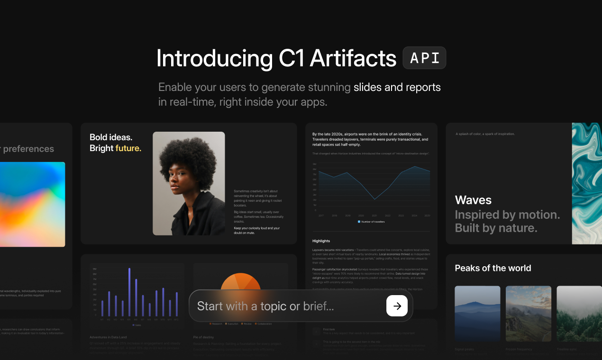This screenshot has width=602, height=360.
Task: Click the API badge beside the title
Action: [x=424, y=58]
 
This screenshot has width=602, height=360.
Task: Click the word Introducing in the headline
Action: [x=214, y=59]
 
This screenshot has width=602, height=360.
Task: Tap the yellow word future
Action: [x=128, y=148]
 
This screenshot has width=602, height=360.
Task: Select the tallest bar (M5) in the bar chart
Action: [x=129, y=292]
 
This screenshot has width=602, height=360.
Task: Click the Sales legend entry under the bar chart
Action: [x=137, y=325]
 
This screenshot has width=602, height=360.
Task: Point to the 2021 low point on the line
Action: [x=375, y=199]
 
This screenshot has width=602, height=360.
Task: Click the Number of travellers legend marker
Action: [x=359, y=222]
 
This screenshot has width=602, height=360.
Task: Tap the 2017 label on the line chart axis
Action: [x=321, y=216]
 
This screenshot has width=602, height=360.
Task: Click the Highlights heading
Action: [x=321, y=241]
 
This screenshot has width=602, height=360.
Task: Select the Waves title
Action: [x=473, y=200]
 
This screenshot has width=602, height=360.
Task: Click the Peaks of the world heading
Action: [x=493, y=268]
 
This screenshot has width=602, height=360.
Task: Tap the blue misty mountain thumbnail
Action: [x=477, y=314]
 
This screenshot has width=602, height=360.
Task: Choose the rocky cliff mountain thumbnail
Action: [x=528, y=314]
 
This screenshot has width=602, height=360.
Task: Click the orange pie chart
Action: [x=241, y=282]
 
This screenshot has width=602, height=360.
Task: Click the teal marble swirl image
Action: [x=587, y=183]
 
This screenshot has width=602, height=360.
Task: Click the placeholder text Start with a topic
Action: [x=265, y=306]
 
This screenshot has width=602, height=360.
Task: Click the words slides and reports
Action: [x=397, y=87]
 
